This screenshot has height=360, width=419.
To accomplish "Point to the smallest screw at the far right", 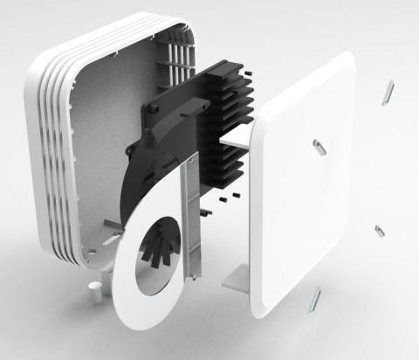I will (380, 232).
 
